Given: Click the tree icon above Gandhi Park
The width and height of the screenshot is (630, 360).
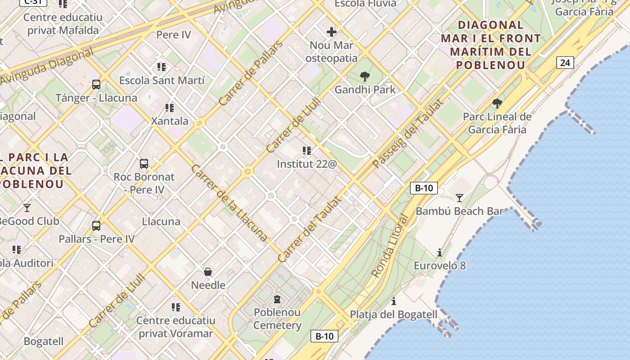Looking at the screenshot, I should (364, 77).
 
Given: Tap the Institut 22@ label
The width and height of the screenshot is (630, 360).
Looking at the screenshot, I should (306, 164).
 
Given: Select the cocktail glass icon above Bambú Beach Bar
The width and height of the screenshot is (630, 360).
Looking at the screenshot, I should (459, 198).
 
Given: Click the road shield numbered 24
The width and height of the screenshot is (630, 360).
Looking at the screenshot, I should (565, 63).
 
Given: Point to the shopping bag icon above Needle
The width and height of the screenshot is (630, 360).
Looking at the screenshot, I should (208, 272).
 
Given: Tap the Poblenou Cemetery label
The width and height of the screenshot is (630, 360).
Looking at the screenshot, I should (277, 319).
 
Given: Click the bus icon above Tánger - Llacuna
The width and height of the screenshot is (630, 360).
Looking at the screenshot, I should (96, 84).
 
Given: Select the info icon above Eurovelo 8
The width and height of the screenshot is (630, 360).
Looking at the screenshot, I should (440, 252).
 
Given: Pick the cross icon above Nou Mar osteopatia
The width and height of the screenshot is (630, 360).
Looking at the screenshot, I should (332, 32).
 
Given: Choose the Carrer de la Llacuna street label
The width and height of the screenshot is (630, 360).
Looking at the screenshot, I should (229, 203).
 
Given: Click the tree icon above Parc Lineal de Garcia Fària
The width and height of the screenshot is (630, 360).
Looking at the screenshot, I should (497, 104).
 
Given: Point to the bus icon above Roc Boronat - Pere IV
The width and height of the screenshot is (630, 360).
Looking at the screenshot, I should (144, 164).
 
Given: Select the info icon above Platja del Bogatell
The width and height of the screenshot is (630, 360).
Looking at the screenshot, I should (394, 301).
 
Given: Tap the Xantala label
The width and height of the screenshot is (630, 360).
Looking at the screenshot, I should (170, 121).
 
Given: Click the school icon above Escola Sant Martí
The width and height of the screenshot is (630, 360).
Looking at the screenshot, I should (162, 67).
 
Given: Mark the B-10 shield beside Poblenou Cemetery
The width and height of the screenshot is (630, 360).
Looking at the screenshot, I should (324, 336).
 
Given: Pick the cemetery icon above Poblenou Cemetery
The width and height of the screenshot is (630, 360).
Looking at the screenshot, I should (277, 299).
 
